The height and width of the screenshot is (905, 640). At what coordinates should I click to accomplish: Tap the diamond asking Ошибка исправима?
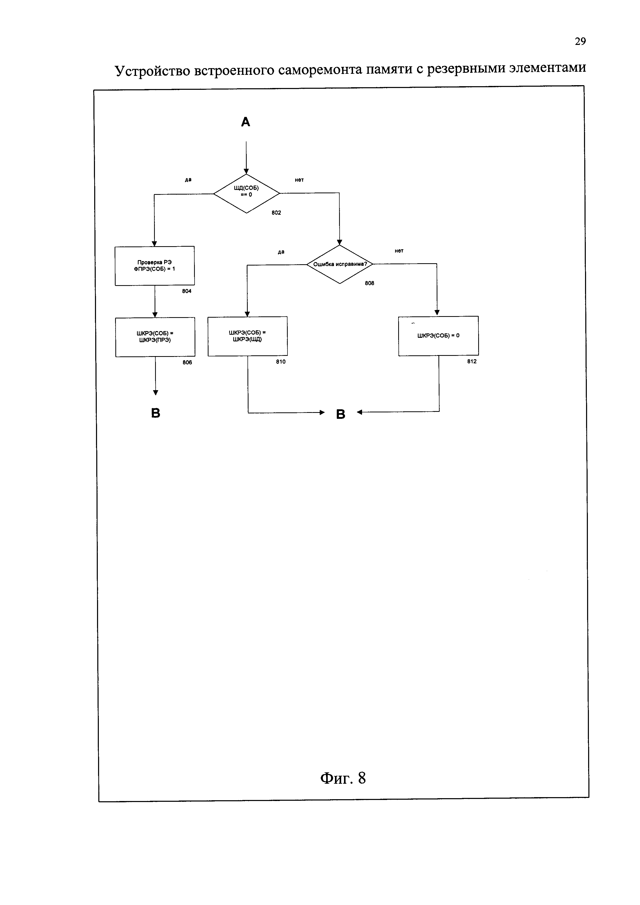340,264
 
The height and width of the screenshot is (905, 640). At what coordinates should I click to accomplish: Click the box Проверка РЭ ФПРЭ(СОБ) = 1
155,266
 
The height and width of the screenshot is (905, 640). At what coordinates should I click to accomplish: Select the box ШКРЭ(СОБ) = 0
438,336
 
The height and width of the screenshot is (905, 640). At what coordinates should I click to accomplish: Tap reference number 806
187,363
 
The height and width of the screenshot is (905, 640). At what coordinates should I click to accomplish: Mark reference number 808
369,283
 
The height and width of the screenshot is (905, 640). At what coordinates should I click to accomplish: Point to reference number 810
281,362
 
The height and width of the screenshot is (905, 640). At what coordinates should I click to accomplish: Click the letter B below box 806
156,413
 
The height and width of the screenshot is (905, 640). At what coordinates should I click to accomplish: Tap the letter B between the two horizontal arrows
340,414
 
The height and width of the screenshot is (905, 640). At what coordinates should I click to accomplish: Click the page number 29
580,41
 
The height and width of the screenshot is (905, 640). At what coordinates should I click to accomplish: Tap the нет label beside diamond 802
299,180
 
